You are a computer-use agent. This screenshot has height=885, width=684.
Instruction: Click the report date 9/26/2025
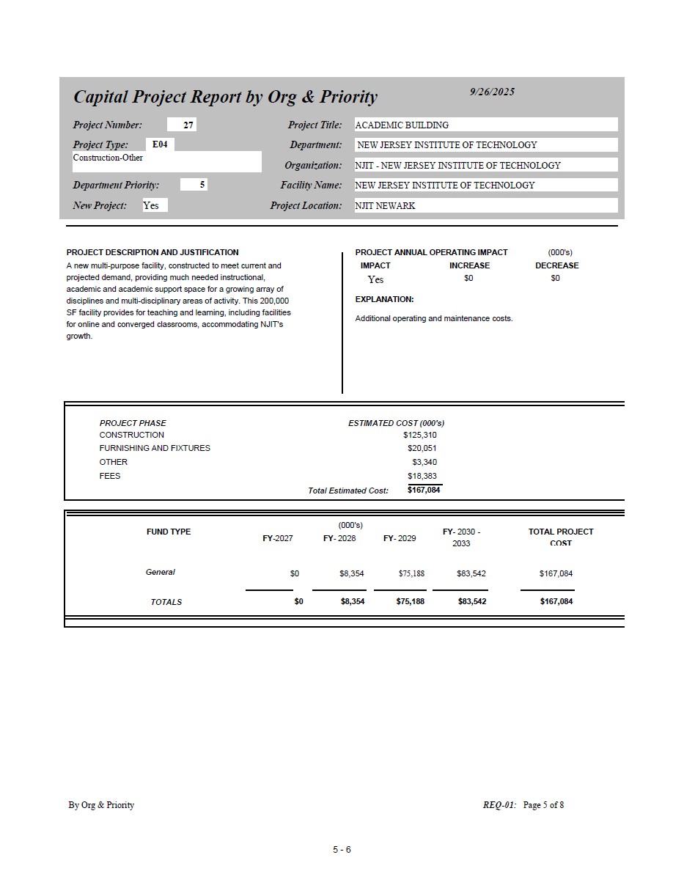(492, 92)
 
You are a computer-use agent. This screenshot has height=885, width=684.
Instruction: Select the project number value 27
(188, 125)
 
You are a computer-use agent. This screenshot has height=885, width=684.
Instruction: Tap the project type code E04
(160, 144)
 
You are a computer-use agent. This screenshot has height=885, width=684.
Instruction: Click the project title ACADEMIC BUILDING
(402, 125)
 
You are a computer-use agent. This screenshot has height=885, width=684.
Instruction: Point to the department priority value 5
(202, 185)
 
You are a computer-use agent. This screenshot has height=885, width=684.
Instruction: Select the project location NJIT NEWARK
(385, 206)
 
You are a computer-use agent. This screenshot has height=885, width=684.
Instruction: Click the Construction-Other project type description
(108, 158)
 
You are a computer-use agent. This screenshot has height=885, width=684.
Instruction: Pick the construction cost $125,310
(419, 435)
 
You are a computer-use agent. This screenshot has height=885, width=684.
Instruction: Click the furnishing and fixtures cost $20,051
(422, 448)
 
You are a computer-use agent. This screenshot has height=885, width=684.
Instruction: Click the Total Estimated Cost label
(348, 491)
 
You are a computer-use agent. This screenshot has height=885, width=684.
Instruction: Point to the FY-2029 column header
(400, 538)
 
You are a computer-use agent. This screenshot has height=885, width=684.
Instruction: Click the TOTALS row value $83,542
(471, 601)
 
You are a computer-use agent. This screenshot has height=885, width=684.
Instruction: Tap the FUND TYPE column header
(169, 532)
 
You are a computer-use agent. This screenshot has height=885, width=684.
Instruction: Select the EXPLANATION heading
(384, 299)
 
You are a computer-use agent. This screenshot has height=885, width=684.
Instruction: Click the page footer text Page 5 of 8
(543, 805)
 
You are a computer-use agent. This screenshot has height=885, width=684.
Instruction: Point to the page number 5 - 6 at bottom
(342, 850)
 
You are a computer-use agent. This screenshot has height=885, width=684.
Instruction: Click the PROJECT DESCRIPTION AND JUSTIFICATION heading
(152, 252)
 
